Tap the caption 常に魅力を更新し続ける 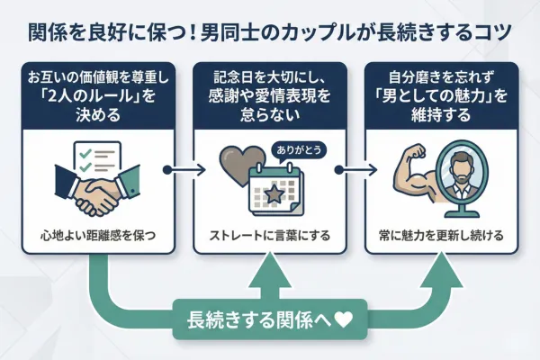coord(440,236)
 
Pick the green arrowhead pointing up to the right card coord(440,267)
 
